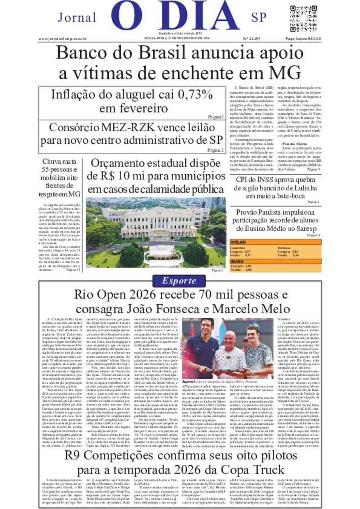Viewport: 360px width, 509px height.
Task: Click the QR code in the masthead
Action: (304, 19)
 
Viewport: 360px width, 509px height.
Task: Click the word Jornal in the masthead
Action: (77, 17)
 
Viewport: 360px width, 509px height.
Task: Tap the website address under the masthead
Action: (63, 39)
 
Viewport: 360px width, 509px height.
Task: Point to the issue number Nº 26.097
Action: (251, 39)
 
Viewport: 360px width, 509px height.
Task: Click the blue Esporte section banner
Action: (179, 281)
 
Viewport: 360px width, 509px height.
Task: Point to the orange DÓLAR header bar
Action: (276, 242)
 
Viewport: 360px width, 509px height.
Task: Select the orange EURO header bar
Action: (276, 261)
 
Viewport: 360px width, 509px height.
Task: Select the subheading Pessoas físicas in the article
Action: (294, 144)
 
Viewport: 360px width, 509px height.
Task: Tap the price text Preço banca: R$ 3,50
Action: (303, 39)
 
